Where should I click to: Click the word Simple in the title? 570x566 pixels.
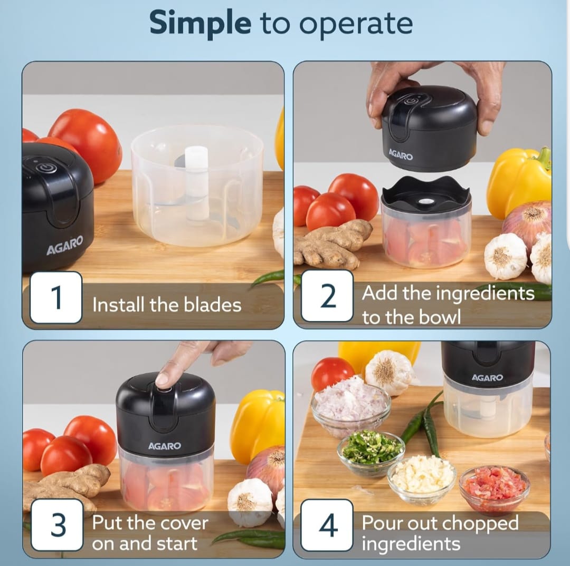pos(200,24)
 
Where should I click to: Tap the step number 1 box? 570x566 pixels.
pos(56,298)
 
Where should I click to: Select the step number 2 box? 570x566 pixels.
pos(328,296)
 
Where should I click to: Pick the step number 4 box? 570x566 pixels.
pos(327,526)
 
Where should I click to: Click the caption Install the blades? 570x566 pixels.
pos(167,305)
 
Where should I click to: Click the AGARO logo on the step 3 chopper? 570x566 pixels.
pos(164,446)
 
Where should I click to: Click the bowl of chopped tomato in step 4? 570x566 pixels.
pos(494,488)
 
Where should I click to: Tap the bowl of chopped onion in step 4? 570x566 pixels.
pos(350,405)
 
